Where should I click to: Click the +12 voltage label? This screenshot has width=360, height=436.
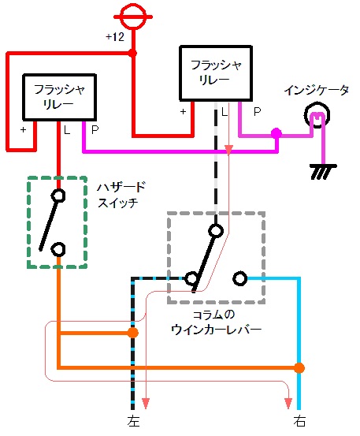115,37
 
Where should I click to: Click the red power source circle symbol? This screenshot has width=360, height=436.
133,17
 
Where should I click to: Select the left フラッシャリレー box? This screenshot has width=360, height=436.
59,97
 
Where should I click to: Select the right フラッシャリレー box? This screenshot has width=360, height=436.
216,73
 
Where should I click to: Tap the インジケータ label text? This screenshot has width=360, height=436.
317,91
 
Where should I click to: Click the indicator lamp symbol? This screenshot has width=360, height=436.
317,115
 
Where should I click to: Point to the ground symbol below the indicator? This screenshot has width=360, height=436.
323,172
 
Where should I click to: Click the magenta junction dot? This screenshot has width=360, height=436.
276,133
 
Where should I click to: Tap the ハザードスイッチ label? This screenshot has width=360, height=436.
121,195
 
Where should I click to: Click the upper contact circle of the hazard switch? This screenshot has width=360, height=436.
58,196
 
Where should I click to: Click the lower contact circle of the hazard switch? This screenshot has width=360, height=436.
58,249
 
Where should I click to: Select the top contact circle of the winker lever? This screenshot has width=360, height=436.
216,230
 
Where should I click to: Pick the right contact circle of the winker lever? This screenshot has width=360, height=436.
240,278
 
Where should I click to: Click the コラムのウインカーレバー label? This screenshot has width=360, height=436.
217,322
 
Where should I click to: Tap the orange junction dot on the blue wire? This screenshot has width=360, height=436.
299,368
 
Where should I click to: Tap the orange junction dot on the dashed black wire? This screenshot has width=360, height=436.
133,333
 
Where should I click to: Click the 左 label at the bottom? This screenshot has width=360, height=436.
133,421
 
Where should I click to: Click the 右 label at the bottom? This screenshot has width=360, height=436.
299,421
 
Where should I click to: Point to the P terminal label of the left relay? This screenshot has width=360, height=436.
95,129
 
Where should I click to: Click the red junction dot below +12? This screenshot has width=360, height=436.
133,53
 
